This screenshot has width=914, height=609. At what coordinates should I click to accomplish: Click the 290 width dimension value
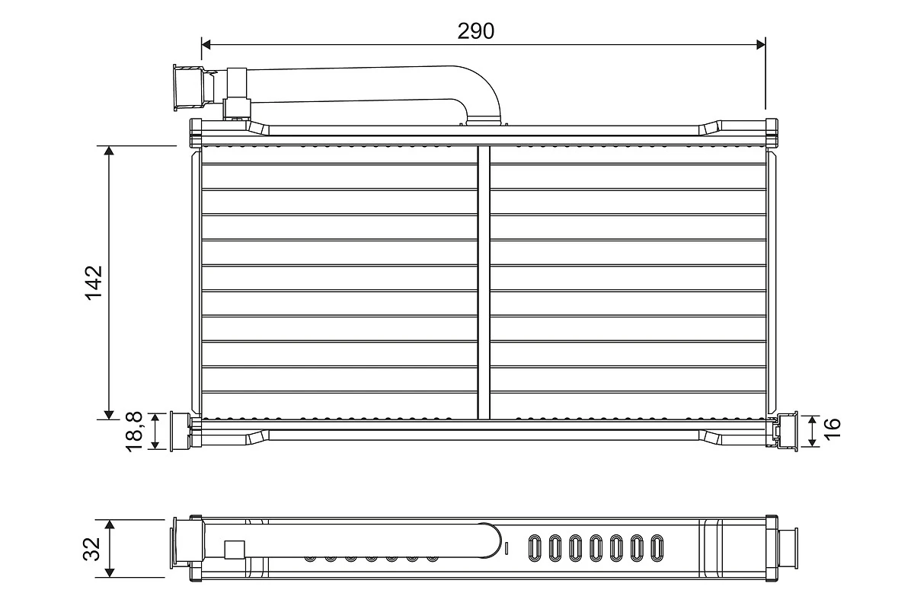click(476, 30)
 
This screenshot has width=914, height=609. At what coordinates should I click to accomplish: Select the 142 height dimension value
click(94, 282)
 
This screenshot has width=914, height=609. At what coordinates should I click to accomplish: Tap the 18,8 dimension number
click(136, 432)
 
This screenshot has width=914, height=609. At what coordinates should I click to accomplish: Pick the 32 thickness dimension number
click(91, 548)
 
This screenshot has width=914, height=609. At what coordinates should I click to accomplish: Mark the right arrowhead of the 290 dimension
click(759, 45)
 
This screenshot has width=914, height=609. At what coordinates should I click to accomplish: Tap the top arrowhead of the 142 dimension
click(110, 151)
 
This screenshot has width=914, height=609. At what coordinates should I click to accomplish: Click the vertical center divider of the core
click(483, 282)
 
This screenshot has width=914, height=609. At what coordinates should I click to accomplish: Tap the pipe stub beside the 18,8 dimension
click(179, 432)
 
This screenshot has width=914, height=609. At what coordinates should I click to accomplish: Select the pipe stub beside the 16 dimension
click(786, 432)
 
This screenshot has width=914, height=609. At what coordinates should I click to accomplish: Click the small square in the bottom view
click(235, 550)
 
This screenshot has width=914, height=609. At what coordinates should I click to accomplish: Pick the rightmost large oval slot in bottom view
click(657, 547)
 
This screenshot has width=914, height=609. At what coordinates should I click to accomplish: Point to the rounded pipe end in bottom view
click(487, 540)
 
